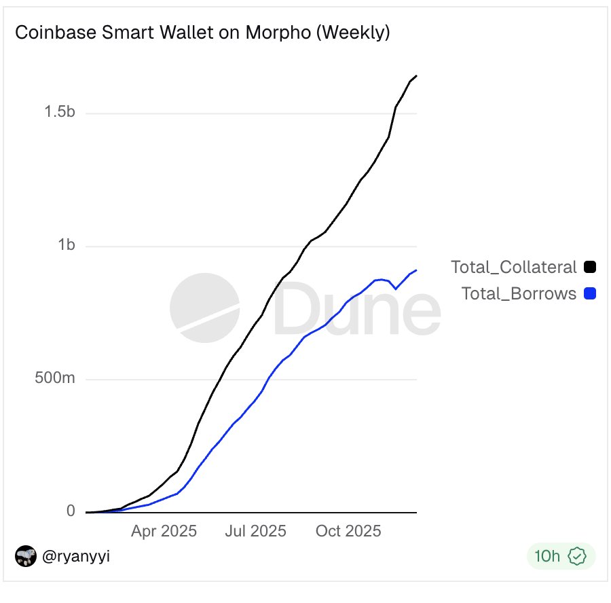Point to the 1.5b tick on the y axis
[60, 113]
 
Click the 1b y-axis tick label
[66, 245]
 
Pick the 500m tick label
[55, 378]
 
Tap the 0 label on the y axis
[71, 511]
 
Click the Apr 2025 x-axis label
[164, 530]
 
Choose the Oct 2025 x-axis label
[348, 530]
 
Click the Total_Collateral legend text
[514, 267]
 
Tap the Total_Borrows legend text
[519, 293]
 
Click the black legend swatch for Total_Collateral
[589, 267]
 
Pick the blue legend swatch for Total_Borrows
[589, 293]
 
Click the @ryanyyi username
[76, 557]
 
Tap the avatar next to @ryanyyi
[25, 557]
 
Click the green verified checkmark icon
[577, 557]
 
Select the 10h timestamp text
[547, 557]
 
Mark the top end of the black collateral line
[416, 75]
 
